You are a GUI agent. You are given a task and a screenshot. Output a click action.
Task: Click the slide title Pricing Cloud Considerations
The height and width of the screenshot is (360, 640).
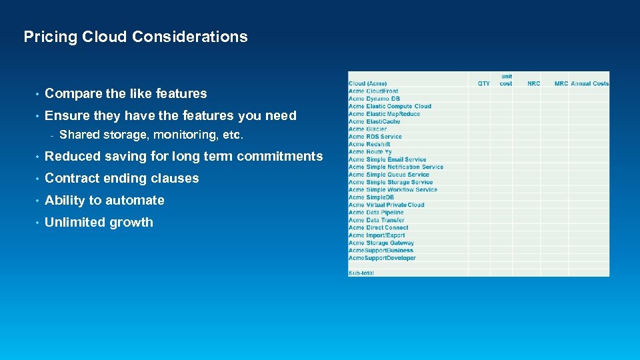pos(135,37)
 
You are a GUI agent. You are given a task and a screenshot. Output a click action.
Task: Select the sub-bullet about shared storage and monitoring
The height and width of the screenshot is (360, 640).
pos(151,135)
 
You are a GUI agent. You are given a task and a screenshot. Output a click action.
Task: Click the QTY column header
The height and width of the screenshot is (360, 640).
pos(484,83)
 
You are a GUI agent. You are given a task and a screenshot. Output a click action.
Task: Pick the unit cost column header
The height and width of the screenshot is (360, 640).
pos(506,80)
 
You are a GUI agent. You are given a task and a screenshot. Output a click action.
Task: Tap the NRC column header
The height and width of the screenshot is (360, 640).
pos(533,83)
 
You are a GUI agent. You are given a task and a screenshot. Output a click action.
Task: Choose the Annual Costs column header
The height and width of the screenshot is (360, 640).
pos(589,83)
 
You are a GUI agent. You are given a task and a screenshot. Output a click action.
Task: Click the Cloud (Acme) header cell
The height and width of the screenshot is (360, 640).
pos(367,83)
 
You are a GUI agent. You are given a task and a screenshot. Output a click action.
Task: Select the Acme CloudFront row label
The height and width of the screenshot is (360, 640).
pos(373,91)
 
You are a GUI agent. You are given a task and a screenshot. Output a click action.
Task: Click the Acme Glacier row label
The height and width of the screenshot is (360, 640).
pos(367,129)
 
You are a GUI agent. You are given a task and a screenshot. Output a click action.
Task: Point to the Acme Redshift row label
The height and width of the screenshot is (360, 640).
pos(369,144)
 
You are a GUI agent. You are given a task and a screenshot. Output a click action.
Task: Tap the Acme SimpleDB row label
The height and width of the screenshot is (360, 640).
pos(371,197)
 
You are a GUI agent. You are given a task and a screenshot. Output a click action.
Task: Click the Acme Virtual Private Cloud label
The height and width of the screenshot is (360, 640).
pos(386,205)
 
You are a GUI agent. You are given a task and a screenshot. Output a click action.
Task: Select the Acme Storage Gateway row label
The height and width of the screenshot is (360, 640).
pos(381,243)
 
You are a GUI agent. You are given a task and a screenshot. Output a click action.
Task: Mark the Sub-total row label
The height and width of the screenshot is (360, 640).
pos(361,273)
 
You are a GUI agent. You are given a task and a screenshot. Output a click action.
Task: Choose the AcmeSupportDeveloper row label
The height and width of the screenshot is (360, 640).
pos(382,258)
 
